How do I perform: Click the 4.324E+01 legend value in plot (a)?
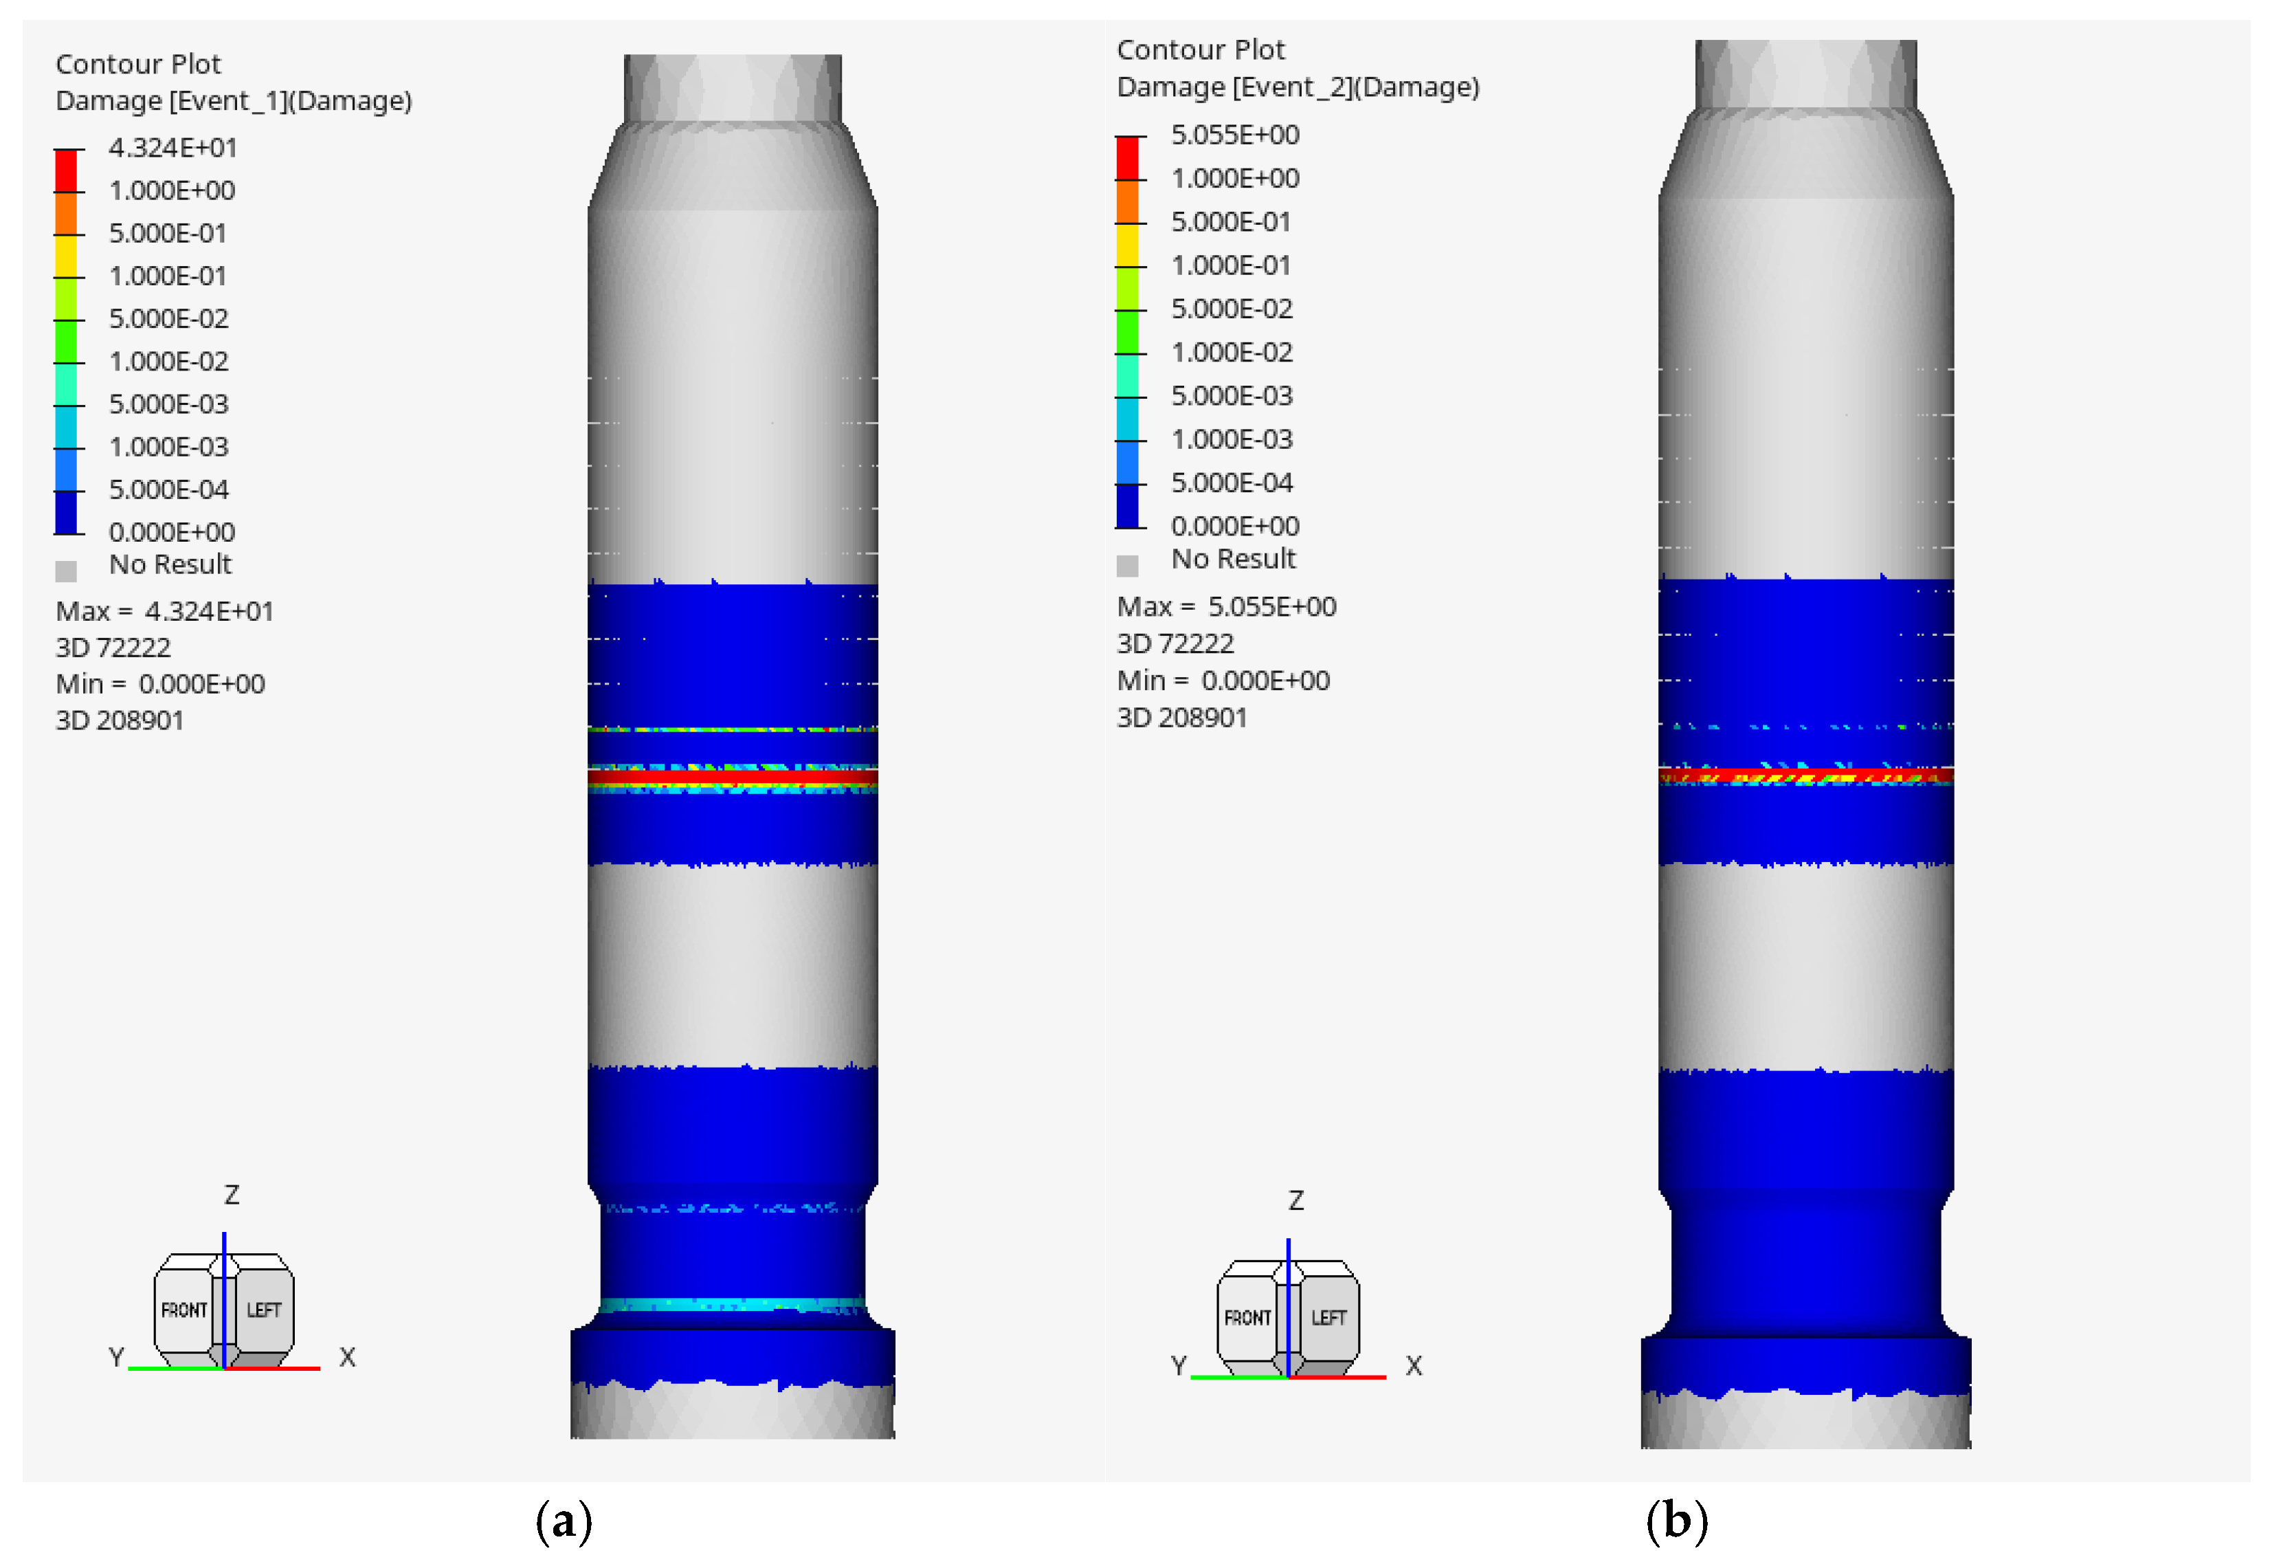click(x=173, y=148)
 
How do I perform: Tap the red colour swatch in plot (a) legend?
click(x=66, y=170)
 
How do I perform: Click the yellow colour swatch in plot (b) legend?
click(x=1128, y=245)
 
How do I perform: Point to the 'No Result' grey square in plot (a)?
click(x=66, y=571)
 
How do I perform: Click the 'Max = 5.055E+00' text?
click(x=1227, y=608)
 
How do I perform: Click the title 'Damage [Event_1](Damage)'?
click(x=234, y=101)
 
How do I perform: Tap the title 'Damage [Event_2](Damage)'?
click(x=1298, y=87)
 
